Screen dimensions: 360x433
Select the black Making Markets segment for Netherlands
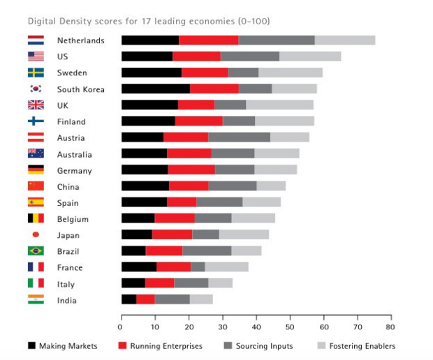point(149,40)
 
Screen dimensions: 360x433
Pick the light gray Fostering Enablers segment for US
point(309,57)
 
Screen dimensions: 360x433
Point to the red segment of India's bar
point(145,300)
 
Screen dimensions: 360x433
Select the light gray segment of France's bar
point(226,267)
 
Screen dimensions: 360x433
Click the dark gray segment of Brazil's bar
point(207,251)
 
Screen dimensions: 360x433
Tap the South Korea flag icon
point(36,89)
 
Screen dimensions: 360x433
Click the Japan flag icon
point(36,235)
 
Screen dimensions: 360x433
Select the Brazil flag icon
point(36,251)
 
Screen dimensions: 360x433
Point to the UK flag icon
point(36,105)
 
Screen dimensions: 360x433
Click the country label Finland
point(71,121)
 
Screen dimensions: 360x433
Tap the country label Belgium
point(73,219)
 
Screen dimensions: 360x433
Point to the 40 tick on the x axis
point(256,327)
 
